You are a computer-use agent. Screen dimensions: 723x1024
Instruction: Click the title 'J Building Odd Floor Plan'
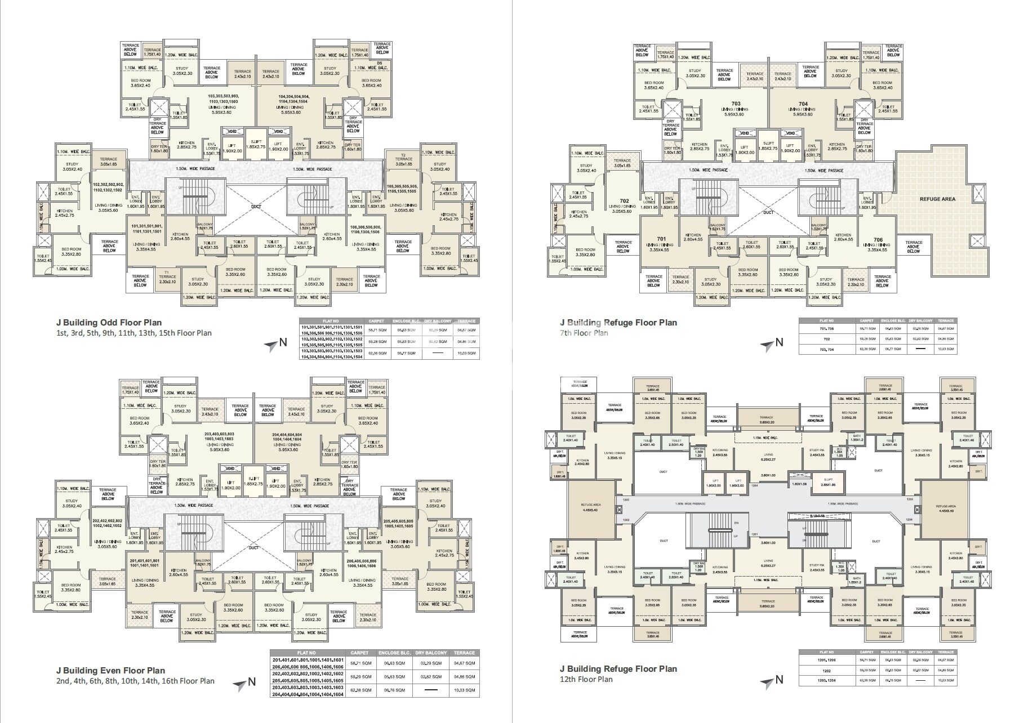(x=109, y=323)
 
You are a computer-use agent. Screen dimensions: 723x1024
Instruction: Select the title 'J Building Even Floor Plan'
(x=110, y=670)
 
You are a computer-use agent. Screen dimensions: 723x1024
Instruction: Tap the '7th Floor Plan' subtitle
(x=584, y=333)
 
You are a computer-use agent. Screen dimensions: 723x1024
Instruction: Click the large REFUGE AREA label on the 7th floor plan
(x=937, y=199)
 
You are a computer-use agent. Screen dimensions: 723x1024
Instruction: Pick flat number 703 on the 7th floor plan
(x=736, y=104)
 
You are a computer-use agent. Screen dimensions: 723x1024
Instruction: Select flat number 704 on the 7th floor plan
(x=803, y=104)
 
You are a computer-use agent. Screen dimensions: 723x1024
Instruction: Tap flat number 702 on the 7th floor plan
(x=624, y=201)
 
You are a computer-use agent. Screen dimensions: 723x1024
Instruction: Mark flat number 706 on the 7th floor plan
(x=878, y=239)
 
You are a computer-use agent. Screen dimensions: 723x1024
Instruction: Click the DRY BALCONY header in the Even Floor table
(x=431, y=653)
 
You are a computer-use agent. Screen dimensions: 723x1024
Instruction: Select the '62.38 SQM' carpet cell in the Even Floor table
(x=359, y=690)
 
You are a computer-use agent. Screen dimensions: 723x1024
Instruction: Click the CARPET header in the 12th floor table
(x=867, y=652)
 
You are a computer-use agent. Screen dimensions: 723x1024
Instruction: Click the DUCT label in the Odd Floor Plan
(x=256, y=207)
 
